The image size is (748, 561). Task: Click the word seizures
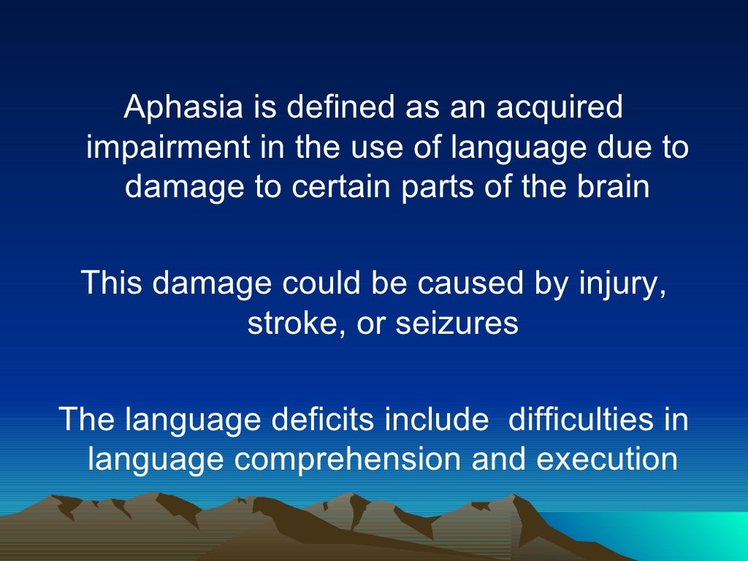tap(457, 321)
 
